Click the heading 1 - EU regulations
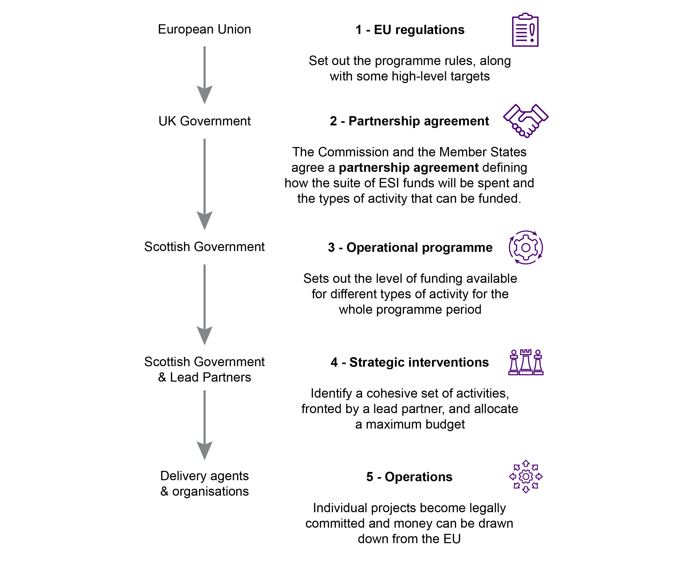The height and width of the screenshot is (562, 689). point(410,30)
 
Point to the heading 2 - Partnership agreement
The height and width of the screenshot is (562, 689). point(409,121)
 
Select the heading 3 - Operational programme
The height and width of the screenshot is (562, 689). point(410,247)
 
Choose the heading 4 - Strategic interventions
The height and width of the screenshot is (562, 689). point(409,362)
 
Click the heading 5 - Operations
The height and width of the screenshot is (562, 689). point(409,477)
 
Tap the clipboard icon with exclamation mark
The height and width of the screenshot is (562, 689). point(525,30)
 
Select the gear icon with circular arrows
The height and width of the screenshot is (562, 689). point(526,248)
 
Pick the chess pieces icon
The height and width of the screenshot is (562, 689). point(526,362)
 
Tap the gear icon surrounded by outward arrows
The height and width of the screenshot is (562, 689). point(526,477)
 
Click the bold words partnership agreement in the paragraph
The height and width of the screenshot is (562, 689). point(408,168)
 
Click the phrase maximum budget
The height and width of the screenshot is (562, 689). point(415,424)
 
